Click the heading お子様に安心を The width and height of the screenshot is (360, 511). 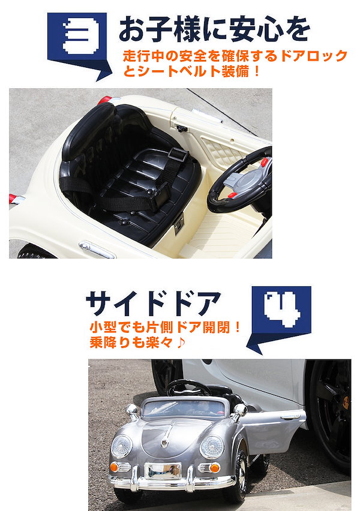pos(214,29)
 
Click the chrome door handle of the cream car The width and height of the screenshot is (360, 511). pos(95,248)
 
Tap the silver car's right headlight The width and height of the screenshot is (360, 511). pos(211,446)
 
